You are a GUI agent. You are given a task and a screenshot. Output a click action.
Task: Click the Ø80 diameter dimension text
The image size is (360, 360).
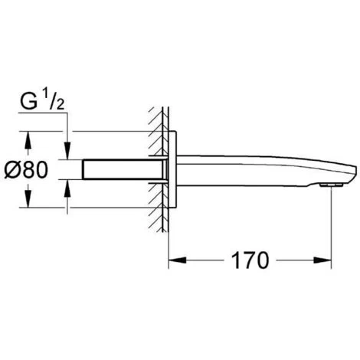[x=26, y=170]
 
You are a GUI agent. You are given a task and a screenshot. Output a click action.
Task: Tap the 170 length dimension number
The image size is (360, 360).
[x=250, y=260]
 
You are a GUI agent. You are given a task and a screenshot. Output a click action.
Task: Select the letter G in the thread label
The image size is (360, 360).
[x=28, y=102]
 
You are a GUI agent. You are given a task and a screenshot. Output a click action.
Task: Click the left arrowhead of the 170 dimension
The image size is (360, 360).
[x=177, y=260]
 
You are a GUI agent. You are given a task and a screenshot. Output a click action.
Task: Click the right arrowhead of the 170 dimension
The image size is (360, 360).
[x=322, y=260]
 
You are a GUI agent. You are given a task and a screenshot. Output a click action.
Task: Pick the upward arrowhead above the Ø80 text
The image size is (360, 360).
[x=28, y=140]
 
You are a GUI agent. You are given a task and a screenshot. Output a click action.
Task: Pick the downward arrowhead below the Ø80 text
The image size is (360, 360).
[x=28, y=198]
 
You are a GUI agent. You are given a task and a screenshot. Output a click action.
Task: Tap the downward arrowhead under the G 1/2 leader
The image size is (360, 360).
[x=67, y=151]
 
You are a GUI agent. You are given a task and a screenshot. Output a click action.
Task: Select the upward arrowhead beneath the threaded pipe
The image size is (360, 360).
[x=67, y=188]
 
